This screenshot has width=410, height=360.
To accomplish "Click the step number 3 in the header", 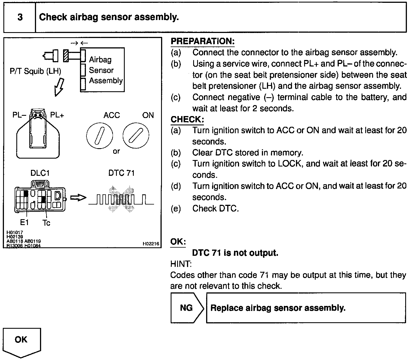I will tap(20, 17).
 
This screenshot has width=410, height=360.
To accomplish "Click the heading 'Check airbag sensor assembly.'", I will tap(109, 17).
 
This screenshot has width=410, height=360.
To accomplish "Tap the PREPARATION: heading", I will tap(202, 41).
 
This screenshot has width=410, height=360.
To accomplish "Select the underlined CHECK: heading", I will tap(187, 119).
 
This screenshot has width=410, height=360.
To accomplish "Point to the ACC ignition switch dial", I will tap(99, 136).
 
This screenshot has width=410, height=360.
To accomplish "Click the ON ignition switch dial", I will tap(136, 136).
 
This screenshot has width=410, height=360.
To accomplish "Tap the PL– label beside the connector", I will tap(19, 115).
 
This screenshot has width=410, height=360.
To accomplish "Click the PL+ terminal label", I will tap(57, 115).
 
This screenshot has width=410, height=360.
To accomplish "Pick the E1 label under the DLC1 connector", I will tap(24, 223).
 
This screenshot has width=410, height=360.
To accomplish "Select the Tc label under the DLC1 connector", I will tap(46, 223).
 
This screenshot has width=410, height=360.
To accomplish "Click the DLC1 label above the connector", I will tap(40, 173).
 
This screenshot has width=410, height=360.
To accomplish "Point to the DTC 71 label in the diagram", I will tap(122, 173).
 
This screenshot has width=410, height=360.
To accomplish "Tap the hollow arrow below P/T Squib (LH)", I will tap(59, 87).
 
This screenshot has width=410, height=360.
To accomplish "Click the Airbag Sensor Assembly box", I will tap(102, 70).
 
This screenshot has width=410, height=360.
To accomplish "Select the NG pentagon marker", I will tap(186, 308).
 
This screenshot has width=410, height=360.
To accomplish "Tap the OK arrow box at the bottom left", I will tap(21, 342).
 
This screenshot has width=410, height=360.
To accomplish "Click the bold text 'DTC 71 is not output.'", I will tap(235, 253).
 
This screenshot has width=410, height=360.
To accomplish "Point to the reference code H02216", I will tap(151, 244).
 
